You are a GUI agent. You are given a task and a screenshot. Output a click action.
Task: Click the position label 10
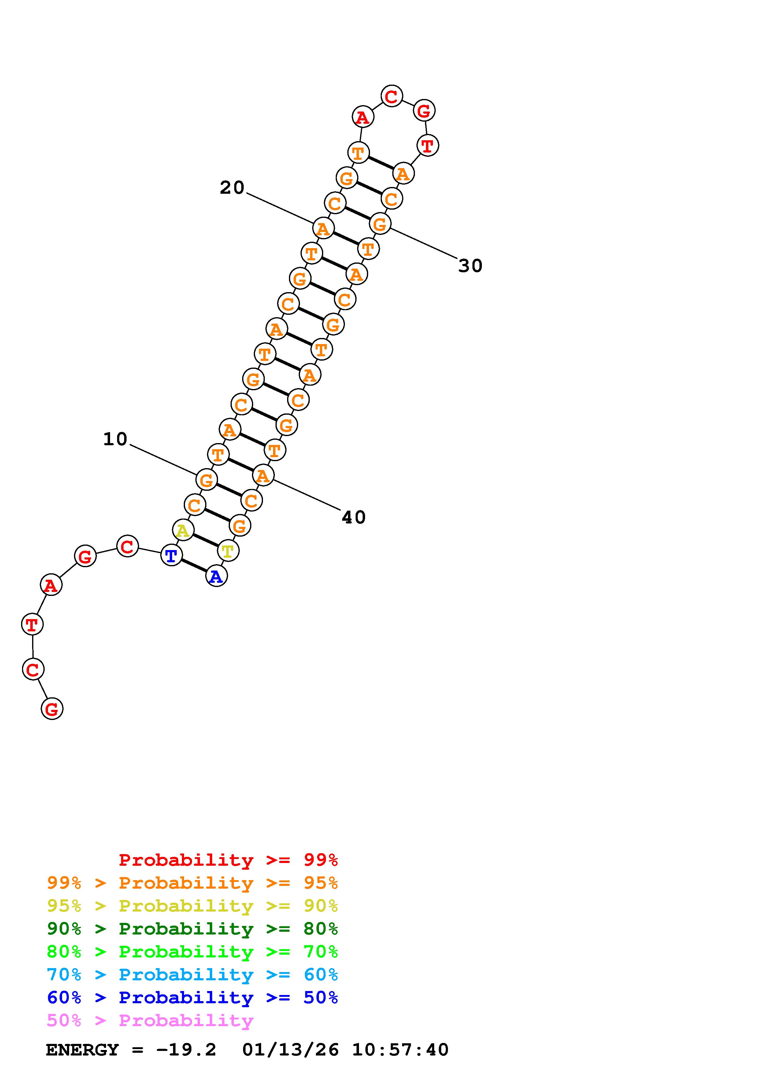coord(115,439)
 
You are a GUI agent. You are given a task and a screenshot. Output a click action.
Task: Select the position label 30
coord(470,266)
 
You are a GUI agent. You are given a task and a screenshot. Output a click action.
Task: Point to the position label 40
coord(353,517)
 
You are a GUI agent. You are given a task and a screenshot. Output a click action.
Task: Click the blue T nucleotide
coord(172,556)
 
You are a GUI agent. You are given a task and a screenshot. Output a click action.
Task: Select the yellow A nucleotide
coord(183,530)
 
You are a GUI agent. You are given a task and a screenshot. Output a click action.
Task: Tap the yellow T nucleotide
coord(228,551)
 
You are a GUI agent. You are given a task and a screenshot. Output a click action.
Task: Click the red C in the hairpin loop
coord(391,96)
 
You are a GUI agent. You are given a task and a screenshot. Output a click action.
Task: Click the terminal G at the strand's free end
coord(52,709)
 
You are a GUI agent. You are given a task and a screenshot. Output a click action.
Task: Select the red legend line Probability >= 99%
coord(228,860)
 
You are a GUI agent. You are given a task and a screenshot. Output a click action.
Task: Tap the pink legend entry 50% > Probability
coord(150,1021)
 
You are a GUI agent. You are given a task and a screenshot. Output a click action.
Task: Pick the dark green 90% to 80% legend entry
coord(192,929)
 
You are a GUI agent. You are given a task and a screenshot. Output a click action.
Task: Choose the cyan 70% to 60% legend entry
coord(192,975)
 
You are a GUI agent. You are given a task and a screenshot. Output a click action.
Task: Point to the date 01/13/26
coord(290,1050)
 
